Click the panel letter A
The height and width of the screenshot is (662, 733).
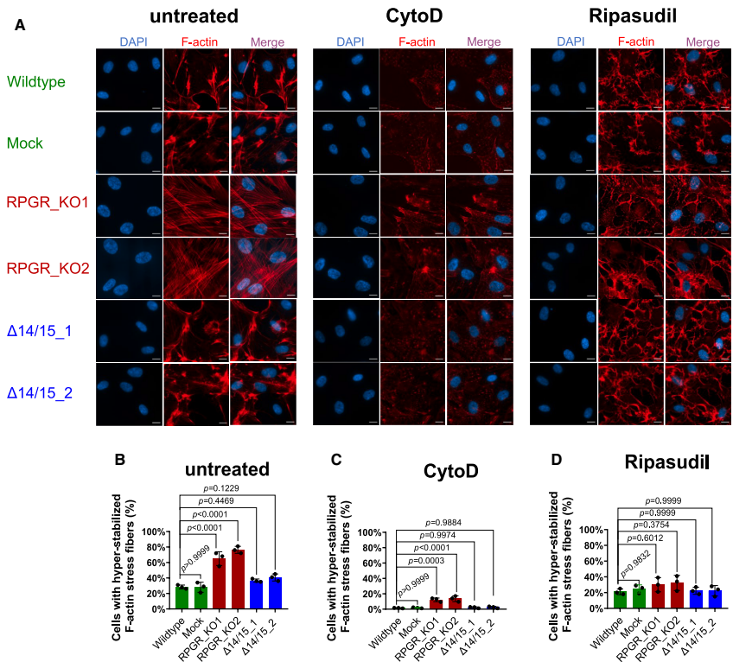[19, 25]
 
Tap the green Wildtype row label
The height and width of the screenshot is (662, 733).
[35, 82]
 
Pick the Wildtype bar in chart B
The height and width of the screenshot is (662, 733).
[182, 597]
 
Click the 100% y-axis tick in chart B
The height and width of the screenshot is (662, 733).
[156, 532]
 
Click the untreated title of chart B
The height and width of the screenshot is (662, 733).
[226, 468]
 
